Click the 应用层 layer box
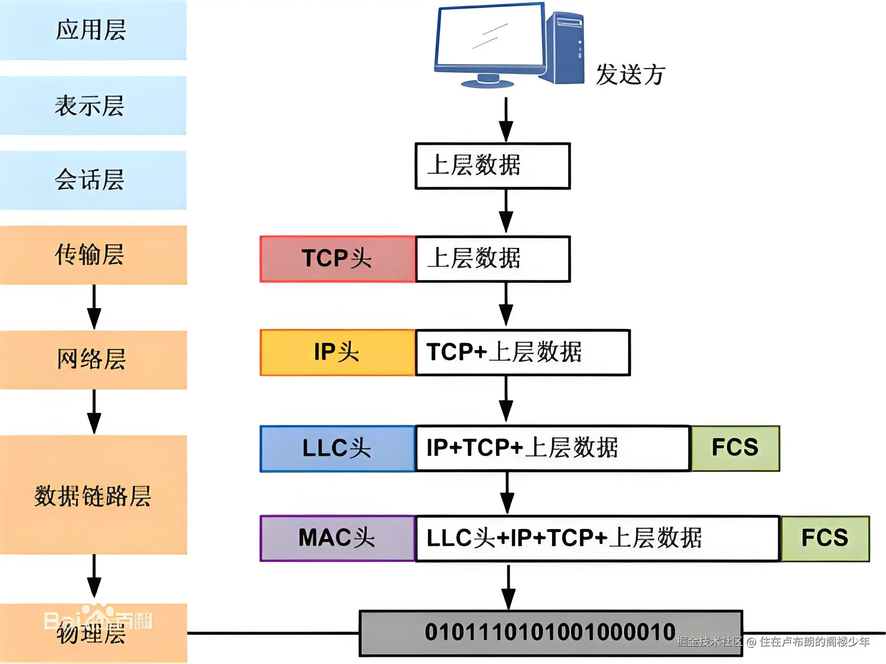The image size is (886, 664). pos(93,30)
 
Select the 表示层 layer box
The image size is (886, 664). pos(93,105)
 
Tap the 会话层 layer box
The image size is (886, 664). pos(93,180)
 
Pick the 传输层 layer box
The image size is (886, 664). pos(93,255)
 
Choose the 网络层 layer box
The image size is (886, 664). pos(93,359)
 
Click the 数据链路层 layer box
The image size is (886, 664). pos(93,495)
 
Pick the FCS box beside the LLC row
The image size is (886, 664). pos(735,448)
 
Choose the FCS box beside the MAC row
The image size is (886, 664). pos(825,538)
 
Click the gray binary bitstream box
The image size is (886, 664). pos(550,633)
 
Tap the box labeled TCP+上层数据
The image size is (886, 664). pos(523,352)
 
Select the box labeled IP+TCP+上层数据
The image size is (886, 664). pos(553,448)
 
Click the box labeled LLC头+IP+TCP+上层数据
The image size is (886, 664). pos(597,538)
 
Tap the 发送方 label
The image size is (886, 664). pos(630,74)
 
